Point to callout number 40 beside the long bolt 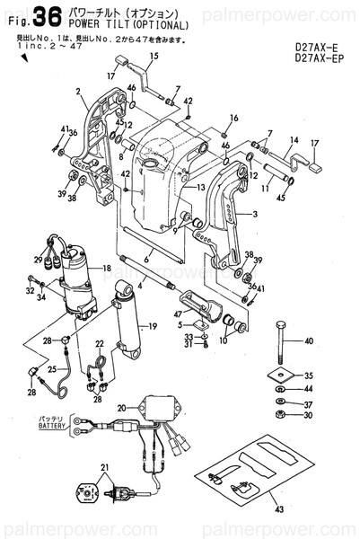[310, 341]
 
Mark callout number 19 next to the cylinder [153, 325]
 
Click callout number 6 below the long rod [146, 256]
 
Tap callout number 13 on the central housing [202, 187]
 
